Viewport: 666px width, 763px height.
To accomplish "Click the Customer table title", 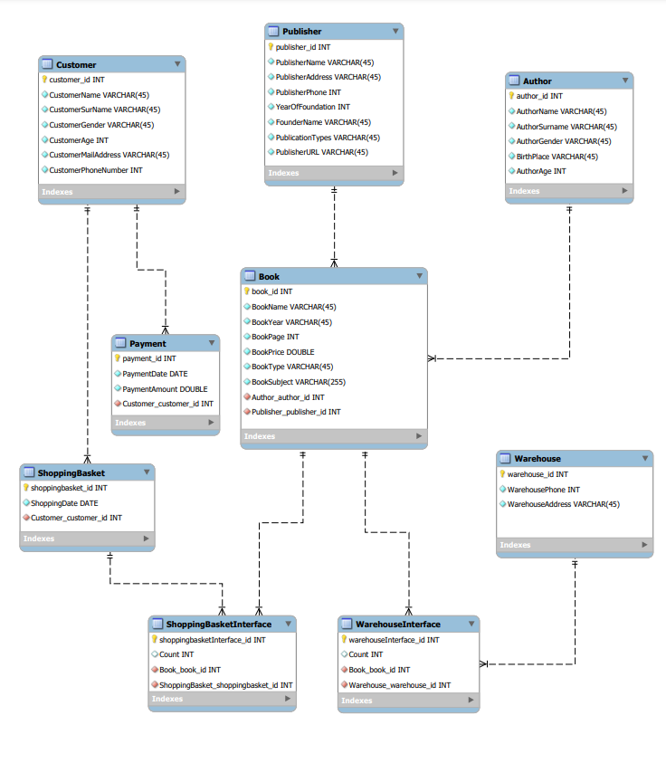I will [76, 65].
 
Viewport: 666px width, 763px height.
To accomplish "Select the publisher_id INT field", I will [302, 47].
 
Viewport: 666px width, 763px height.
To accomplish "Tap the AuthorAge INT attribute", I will [540, 171].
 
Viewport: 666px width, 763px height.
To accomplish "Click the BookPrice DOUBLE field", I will [282, 352].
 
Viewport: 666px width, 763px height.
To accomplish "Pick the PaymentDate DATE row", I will [155, 374].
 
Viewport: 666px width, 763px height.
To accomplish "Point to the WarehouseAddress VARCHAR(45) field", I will [563, 504].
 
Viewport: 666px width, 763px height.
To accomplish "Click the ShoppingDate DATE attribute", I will [64, 503].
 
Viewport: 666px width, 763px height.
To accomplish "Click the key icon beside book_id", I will [246, 291].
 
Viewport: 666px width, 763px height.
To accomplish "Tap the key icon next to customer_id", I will [44, 80].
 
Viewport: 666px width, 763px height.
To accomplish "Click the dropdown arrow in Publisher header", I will [395, 32].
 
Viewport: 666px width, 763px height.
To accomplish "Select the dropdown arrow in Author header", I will [624, 81].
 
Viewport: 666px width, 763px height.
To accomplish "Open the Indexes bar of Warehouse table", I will [574, 545].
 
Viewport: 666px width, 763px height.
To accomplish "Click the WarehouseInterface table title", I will [397, 625].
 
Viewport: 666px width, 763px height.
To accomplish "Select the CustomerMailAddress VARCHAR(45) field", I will [109, 155].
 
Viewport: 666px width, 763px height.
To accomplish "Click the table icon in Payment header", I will [120, 344].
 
